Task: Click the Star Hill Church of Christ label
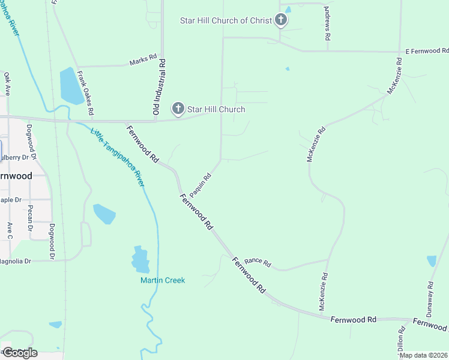coord(226,21)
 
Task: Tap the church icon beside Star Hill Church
coord(178,109)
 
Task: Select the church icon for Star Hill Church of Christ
coord(280,20)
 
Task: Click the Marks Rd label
coord(143,62)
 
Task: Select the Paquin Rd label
coord(200,185)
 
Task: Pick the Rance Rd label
coord(258,263)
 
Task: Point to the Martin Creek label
coord(163,280)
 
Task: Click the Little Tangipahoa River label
coord(118,158)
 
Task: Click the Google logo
coord(19,353)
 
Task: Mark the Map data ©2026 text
coord(424,355)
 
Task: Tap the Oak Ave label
coord(7,85)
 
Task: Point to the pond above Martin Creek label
coord(140,260)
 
